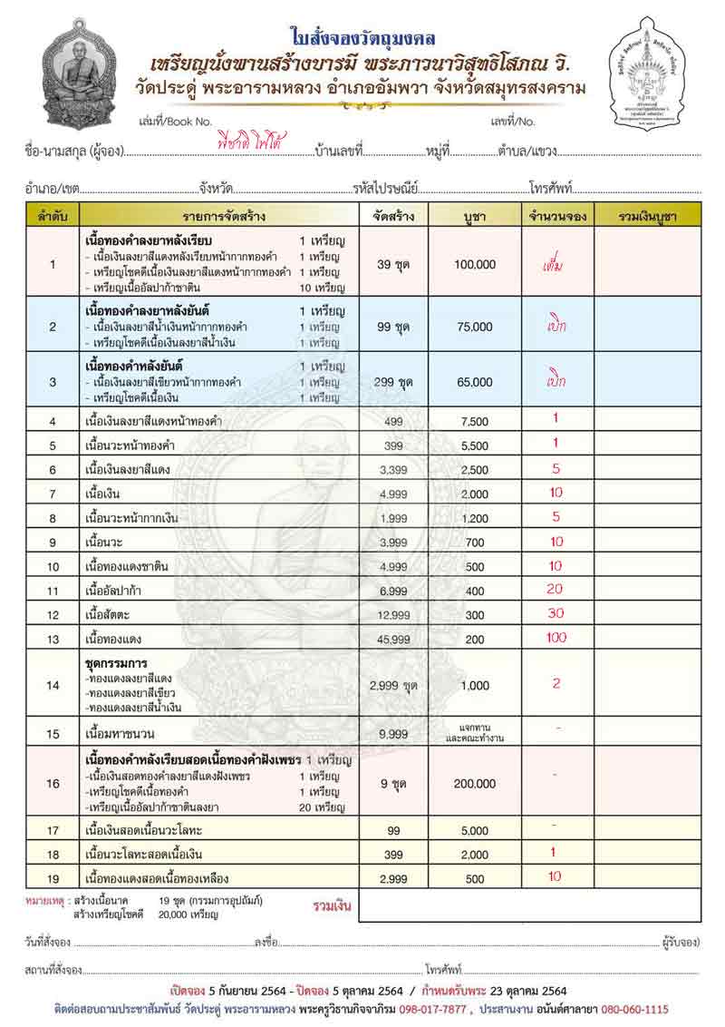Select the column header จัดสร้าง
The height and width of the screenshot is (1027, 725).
(x=392, y=216)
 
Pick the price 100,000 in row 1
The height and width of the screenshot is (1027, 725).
(x=475, y=265)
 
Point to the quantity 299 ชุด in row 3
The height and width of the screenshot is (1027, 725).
(x=394, y=382)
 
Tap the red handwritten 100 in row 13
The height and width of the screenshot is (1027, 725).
(x=556, y=638)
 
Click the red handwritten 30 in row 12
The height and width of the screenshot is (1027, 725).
(x=556, y=613)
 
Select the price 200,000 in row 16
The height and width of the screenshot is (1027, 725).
(x=475, y=784)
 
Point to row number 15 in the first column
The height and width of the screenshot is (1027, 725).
(x=53, y=733)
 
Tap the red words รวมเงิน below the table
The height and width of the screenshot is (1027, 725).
(x=332, y=906)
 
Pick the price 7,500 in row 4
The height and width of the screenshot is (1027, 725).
(x=475, y=421)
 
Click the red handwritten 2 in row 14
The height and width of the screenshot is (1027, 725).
(x=556, y=683)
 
